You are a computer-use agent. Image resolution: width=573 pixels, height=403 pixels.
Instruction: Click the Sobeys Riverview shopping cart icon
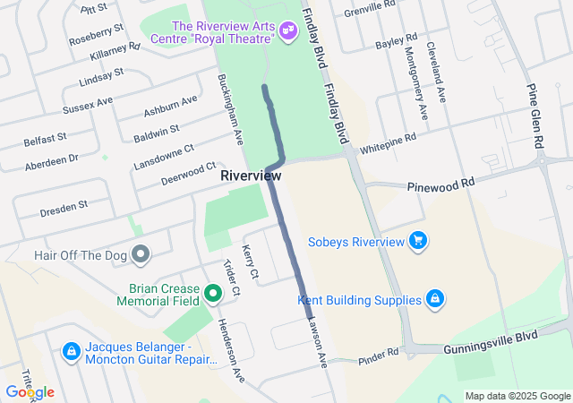point(417,241)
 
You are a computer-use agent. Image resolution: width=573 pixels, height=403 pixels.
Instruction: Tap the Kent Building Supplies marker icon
point(434,298)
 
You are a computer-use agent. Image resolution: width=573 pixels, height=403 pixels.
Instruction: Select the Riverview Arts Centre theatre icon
point(287,31)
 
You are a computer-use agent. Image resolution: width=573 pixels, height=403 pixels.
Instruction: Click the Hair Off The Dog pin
point(140,255)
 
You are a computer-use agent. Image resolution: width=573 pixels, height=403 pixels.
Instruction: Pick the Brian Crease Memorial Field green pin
point(213,293)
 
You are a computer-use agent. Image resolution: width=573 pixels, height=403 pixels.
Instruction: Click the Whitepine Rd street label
point(388,141)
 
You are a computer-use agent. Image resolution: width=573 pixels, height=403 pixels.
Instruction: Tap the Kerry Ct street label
point(251,261)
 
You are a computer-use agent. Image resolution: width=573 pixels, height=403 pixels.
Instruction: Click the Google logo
point(30,392)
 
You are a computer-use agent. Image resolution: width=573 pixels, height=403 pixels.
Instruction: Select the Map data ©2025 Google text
point(517,396)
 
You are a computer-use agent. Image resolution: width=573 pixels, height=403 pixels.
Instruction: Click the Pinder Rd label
point(378,356)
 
